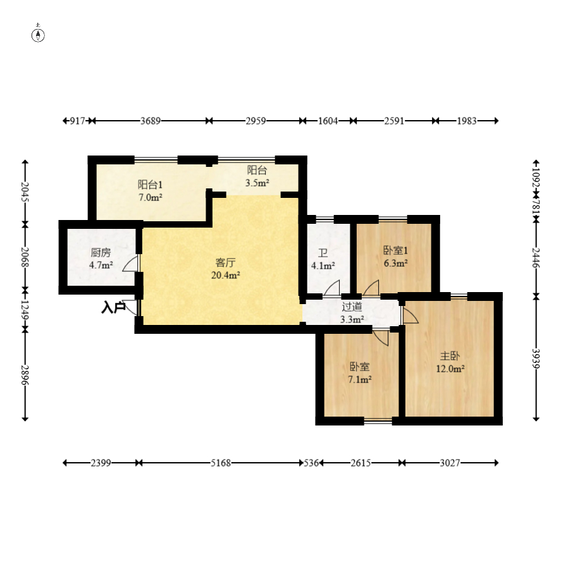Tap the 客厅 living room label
[225, 263]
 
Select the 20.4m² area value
[225, 275]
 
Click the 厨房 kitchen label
[101, 253]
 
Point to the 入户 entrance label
[113, 307]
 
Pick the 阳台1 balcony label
[150, 185]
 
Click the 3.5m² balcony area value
[257, 183]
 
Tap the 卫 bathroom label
[323, 253]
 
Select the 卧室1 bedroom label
[396, 250]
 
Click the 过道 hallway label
[352, 307]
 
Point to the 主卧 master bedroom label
[450, 356]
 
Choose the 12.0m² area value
[450, 369]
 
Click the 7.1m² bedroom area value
[360, 379]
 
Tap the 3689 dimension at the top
[150, 121]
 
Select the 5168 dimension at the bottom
[221, 463]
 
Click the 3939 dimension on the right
[536, 358]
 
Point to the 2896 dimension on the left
[25, 375]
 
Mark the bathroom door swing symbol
[332, 288]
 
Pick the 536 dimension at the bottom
[311, 463]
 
